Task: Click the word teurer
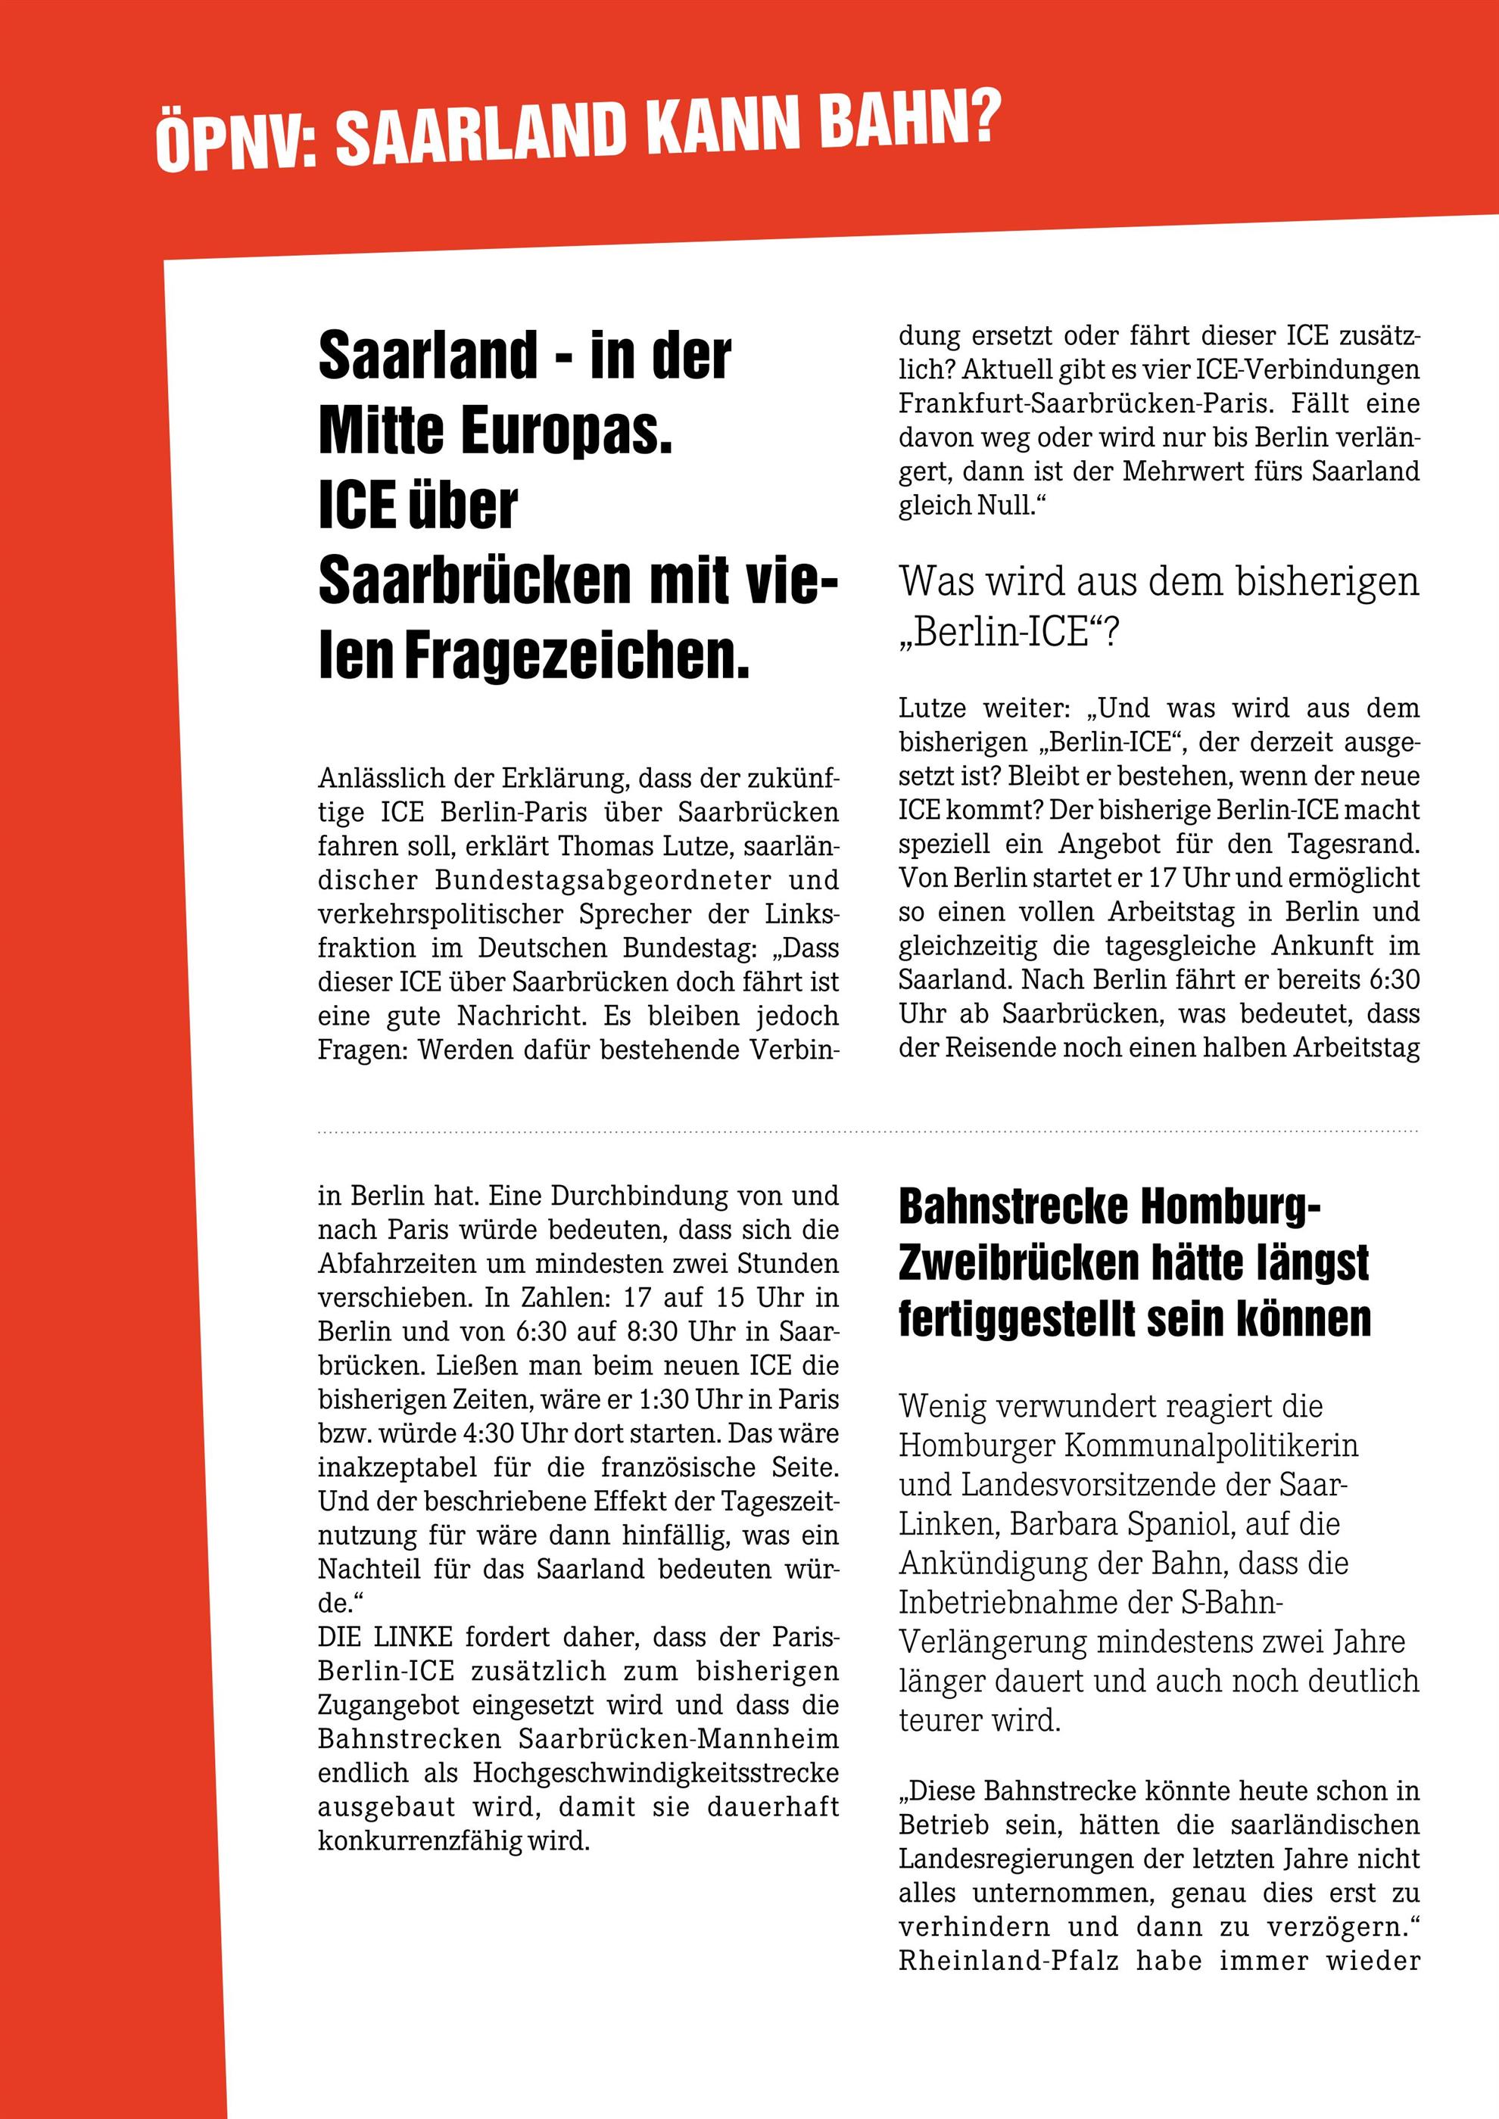(x=940, y=1720)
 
